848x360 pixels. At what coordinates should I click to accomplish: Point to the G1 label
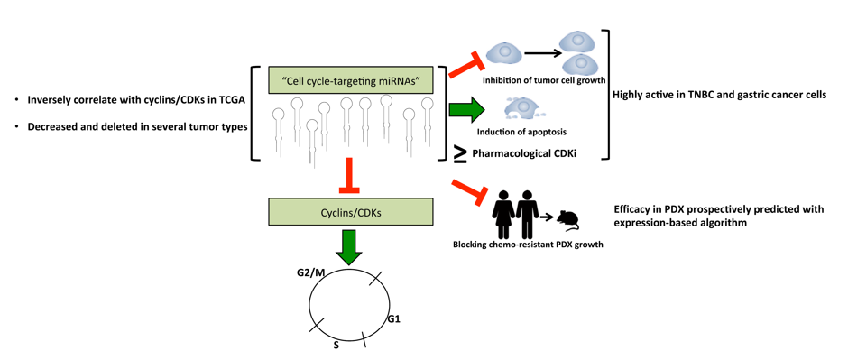[x=393, y=320]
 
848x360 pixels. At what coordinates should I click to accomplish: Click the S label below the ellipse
[x=336, y=345]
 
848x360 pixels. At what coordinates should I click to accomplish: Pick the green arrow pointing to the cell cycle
[x=351, y=247]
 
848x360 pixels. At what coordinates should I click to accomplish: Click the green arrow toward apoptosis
[x=468, y=110]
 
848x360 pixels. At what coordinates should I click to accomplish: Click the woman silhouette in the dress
[x=503, y=215]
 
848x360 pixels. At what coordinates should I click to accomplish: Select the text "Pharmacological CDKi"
[x=524, y=153]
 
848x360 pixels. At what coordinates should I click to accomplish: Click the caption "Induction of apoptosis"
[x=521, y=132]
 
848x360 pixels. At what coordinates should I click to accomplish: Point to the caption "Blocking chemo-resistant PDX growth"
[x=528, y=245]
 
